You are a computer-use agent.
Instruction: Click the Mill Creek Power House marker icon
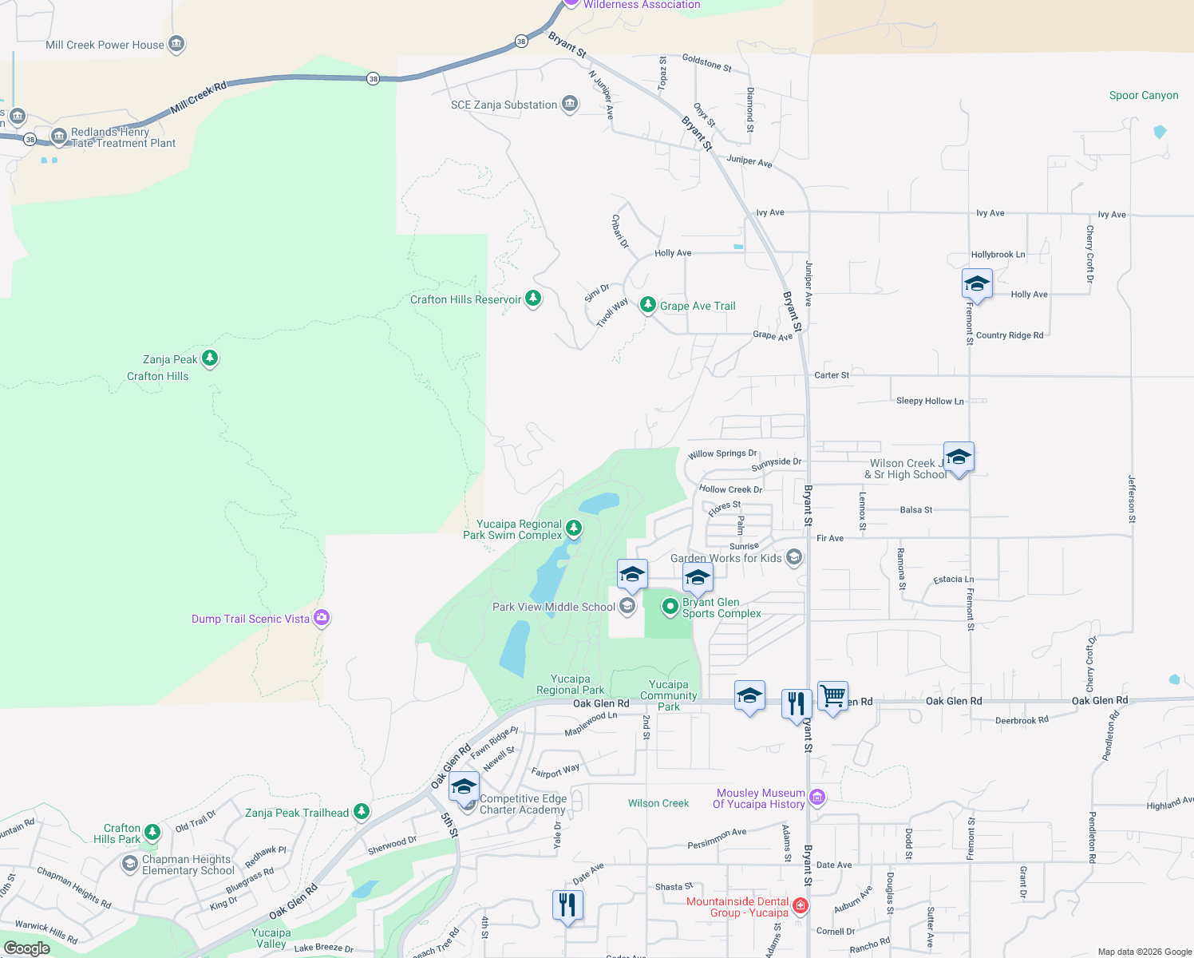pos(177,44)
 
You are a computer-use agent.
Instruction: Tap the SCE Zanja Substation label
pos(504,105)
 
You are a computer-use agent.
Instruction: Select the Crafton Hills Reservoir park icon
pos(533,299)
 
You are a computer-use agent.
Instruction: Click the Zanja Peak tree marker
pos(210,358)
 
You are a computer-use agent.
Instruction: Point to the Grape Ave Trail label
pos(697,306)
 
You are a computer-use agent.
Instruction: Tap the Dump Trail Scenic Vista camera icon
pos(322,617)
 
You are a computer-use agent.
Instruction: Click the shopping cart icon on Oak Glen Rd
pos(832,696)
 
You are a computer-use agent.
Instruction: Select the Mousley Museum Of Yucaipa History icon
pos(816,797)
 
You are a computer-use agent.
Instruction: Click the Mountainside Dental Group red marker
pos(801,906)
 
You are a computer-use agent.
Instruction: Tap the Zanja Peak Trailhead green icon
pos(362,811)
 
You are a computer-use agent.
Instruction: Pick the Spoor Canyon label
pos(1143,95)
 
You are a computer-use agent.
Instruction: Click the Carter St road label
pos(832,374)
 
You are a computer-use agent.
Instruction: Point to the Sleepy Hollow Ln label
pos(930,401)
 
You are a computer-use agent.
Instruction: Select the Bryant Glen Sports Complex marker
pos(670,608)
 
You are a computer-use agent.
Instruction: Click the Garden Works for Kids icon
pos(793,557)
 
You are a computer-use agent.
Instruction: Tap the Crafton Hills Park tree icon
pos(152,832)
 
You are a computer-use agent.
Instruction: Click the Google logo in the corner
pos(27,948)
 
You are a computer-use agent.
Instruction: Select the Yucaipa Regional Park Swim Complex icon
pos(574,528)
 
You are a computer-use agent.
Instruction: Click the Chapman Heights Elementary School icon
pos(129,864)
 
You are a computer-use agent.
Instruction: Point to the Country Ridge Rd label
pos(1010,335)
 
